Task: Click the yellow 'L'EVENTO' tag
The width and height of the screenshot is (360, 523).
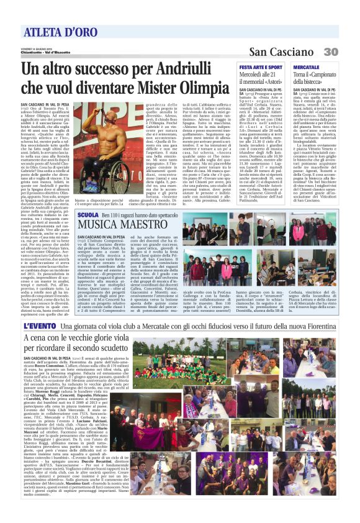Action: click(40, 327)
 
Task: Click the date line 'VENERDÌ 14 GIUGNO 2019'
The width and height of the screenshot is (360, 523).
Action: click(37, 48)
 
